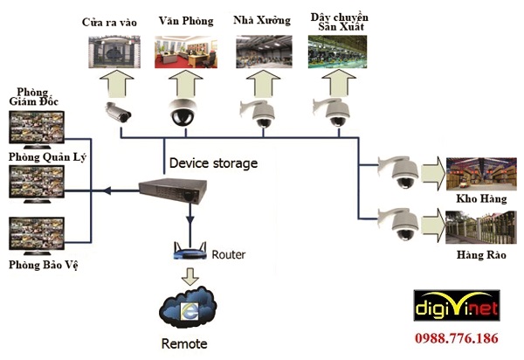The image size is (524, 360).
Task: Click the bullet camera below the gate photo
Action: (119, 111)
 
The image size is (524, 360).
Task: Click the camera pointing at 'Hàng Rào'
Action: (400, 224)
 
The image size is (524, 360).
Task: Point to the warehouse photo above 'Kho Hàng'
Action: (475, 174)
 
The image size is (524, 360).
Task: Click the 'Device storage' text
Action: (213, 163)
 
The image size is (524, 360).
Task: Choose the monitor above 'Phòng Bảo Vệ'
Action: (34, 236)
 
